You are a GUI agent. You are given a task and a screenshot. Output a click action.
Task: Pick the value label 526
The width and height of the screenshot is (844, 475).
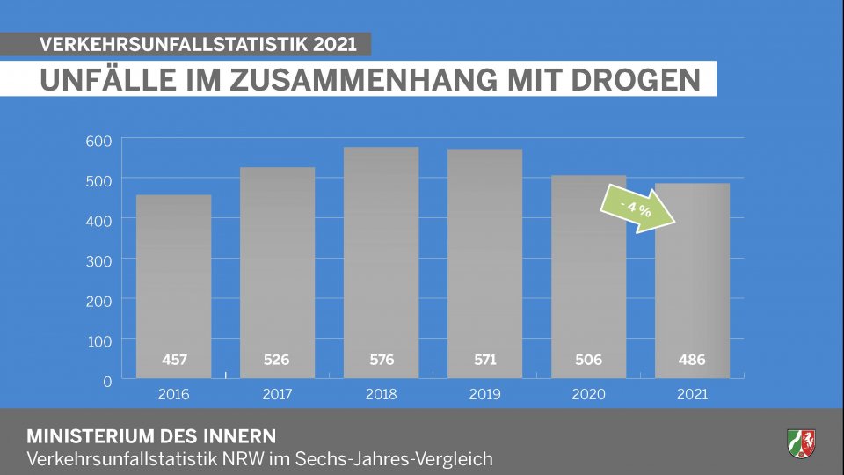click(x=277, y=360)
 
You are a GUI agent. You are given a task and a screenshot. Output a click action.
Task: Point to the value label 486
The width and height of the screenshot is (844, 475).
click(x=692, y=360)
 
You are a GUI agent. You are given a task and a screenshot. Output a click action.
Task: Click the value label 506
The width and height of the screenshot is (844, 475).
click(x=588, y=360)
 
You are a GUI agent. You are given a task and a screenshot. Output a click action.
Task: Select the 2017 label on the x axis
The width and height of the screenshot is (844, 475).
click(x=277, y=394)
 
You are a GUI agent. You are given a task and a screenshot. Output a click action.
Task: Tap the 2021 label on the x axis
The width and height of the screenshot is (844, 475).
click(x=692, y=394)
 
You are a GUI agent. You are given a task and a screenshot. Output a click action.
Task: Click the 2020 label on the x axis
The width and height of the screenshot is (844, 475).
click(x=588, y=394)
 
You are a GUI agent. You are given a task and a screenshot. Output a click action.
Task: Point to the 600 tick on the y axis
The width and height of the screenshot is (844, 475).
click(x=98, y=141)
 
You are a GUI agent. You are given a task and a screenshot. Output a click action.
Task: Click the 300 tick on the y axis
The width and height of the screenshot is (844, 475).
click(x=98, y=260)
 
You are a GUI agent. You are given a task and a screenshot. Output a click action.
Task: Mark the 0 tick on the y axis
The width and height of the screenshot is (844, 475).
click(x=106, y=381)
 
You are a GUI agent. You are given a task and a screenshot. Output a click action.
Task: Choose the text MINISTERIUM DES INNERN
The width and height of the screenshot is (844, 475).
click(x=151, y=436)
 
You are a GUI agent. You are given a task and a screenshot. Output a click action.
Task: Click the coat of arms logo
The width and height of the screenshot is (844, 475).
click(x=801, y=442)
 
